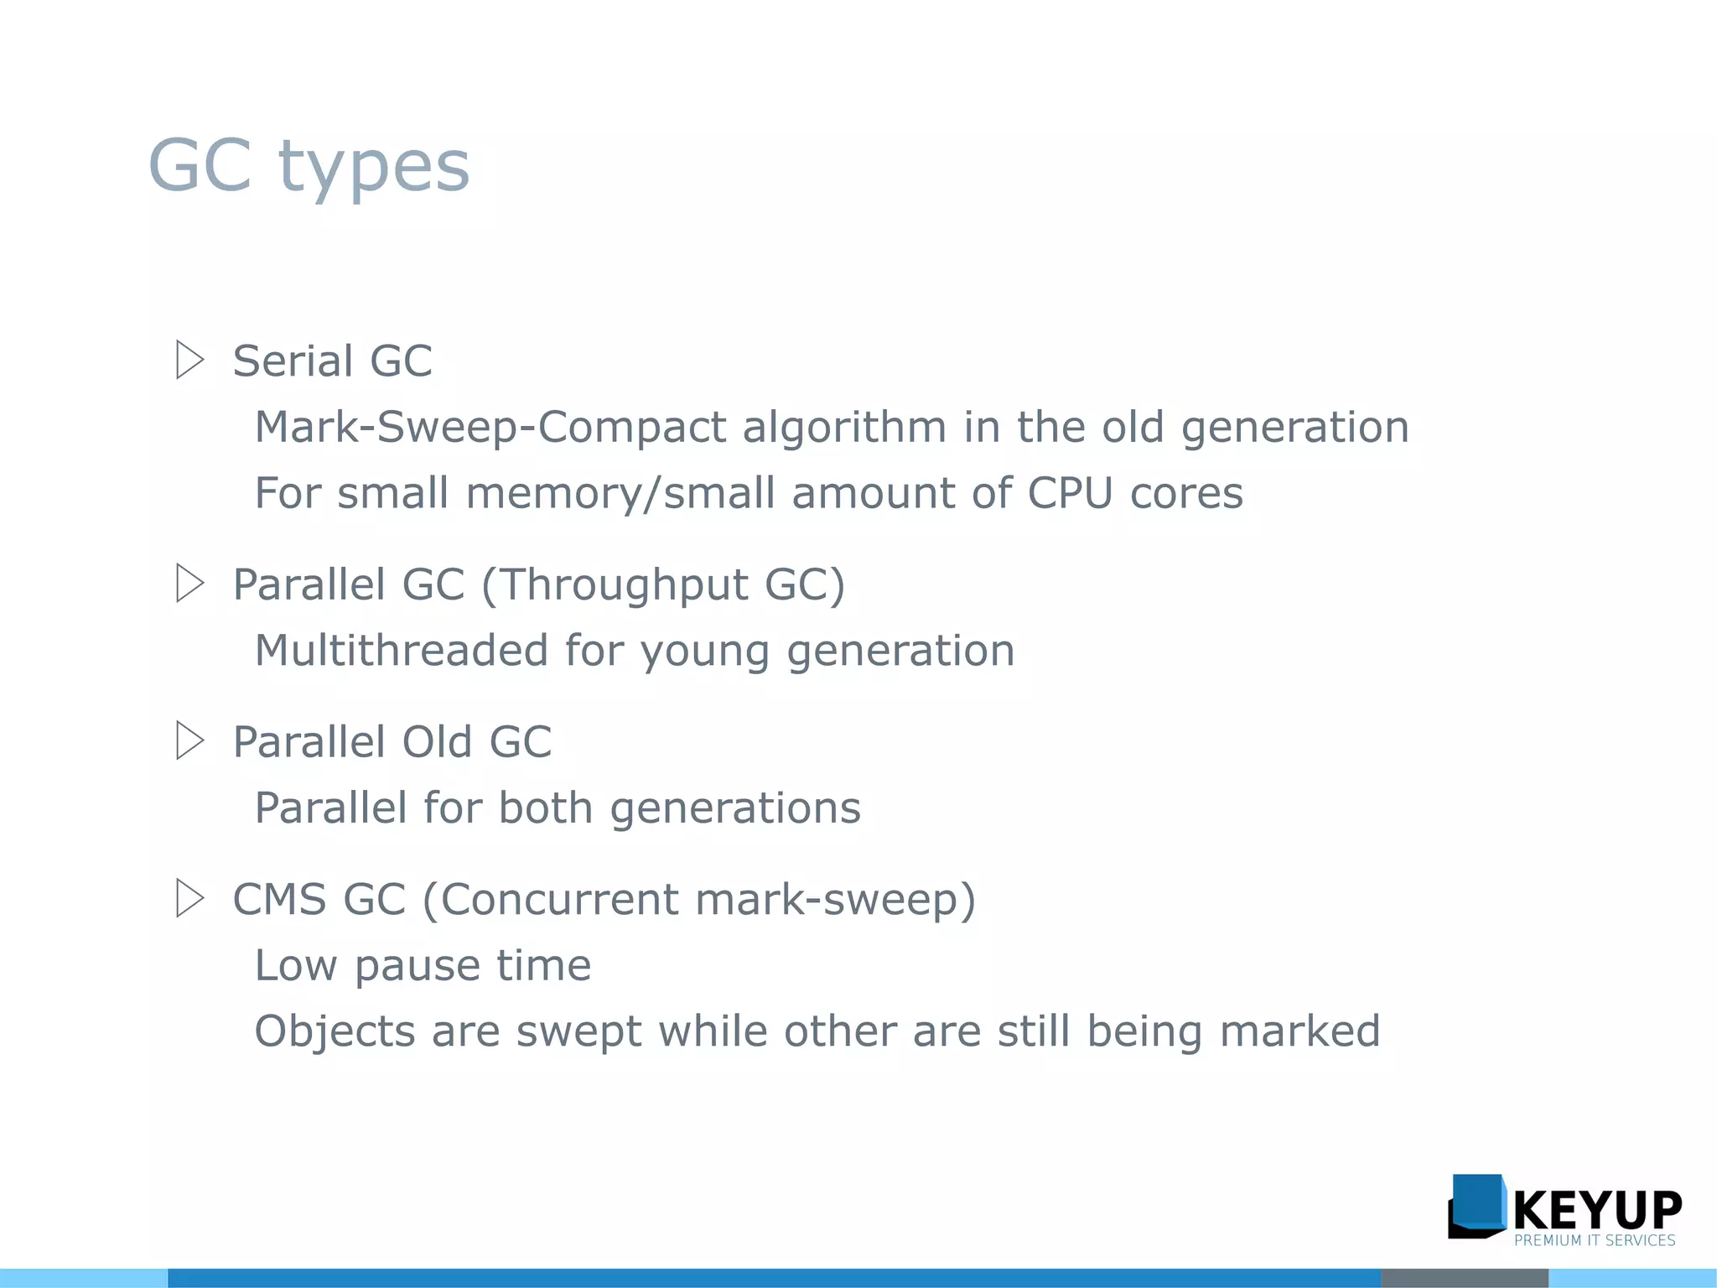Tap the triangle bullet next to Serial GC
pyautogui.click(x=189, y=360)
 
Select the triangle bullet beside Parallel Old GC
pyautogui.click(x=189, y=740)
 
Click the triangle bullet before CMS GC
pyautogui.click(x=189, y=898)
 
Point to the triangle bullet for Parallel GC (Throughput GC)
pyautogui.click(x=189, y=583)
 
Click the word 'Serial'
pyautogui.click(x=293, y=361)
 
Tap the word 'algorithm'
pyautogui.click(x=844, y=428)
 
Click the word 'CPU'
pyautogui.click(x=1070, y=493)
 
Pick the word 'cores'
pyautogui.click(x=1186, y=494)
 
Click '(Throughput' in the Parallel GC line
pyautogui.click(x=615, y=585)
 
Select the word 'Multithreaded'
pyautogui.click(x=401, y=651)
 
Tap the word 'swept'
pyautogui.click(x=578, y=1032)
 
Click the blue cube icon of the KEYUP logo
pyautogui.click(x=1477, y=1205)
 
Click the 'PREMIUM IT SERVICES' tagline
pyautogui.click(x=1594, y=1240)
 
